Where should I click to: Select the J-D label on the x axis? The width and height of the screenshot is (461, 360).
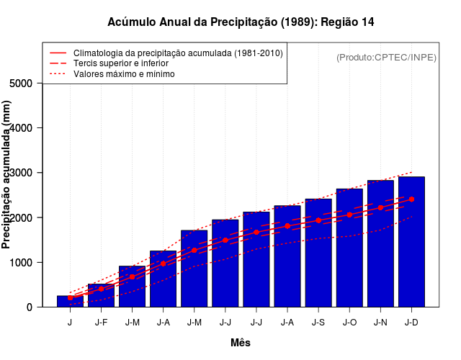(x=411, y=322)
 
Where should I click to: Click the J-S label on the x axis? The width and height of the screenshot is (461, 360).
(x=318, y=322)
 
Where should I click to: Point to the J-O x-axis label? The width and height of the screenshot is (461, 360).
(x=349, y=322)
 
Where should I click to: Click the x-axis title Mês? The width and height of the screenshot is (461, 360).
(x=241, y=343)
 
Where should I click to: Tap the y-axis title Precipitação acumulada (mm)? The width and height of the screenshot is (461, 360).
(x=7, y=175)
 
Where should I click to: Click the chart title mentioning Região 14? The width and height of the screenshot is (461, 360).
(x=241, y=22)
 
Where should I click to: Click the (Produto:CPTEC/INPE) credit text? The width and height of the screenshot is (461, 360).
(x=386, y=58)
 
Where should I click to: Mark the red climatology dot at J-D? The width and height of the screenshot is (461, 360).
(x=411, y=199)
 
